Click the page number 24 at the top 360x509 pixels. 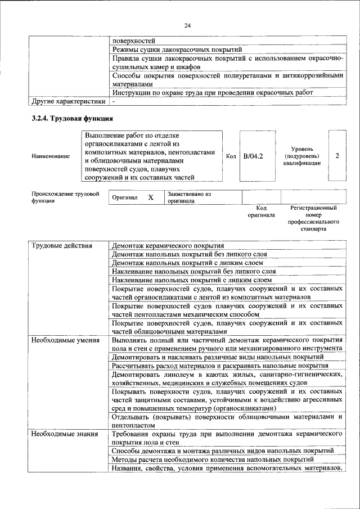tap(187, 25)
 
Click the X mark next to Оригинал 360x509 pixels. tap(151, 198)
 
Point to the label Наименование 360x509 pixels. tap(51, 156)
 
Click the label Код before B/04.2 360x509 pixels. tap(231, 156)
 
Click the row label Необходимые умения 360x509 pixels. tap(65, 340)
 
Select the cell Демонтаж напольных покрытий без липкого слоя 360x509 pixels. tap(188, 254)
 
